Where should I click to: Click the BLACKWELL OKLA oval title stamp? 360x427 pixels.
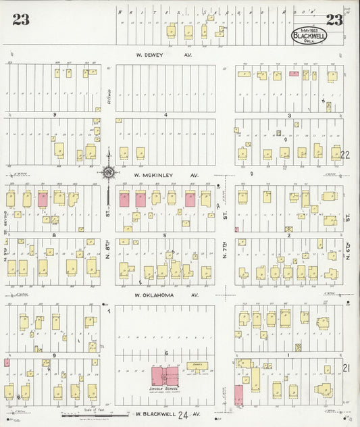[x=309, y=36]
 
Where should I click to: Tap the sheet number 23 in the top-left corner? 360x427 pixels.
[x=21, y=20]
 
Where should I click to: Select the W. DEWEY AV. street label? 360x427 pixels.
[x=165, y=57]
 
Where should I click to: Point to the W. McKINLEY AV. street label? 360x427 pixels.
[x=167, y=175]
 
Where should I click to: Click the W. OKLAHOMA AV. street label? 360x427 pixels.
[x=166, y=295]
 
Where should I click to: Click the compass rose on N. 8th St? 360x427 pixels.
[x=108, y=173]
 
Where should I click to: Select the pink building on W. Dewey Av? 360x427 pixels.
[x=294, y=74]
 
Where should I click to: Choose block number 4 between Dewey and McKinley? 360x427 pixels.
[x=165, y=116]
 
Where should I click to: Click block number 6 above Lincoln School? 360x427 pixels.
[x=165, y=353]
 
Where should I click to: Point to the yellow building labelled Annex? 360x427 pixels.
[x=197, y=366]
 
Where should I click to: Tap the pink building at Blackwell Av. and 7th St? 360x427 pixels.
[x=238, y=395]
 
